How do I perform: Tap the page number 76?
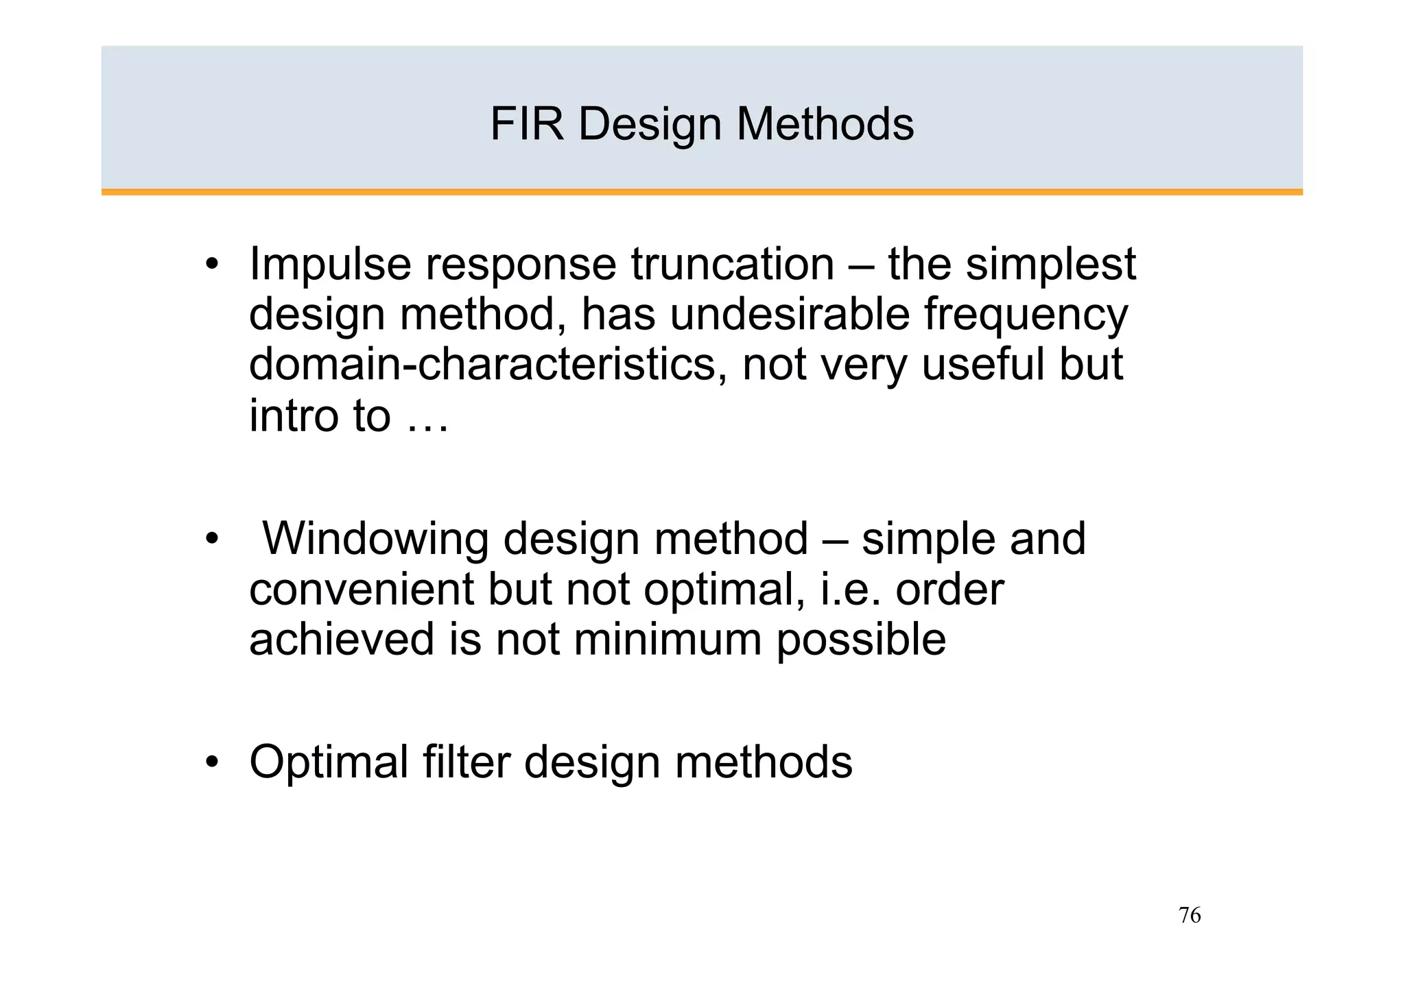click(1190, 915)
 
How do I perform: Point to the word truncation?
click(732, 264)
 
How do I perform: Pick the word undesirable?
click(789, 315)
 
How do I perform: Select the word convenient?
click(361, 589)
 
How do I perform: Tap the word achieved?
click(342, 639)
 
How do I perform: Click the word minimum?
click(668, 639)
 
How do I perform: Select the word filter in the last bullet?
click(467, 762)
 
